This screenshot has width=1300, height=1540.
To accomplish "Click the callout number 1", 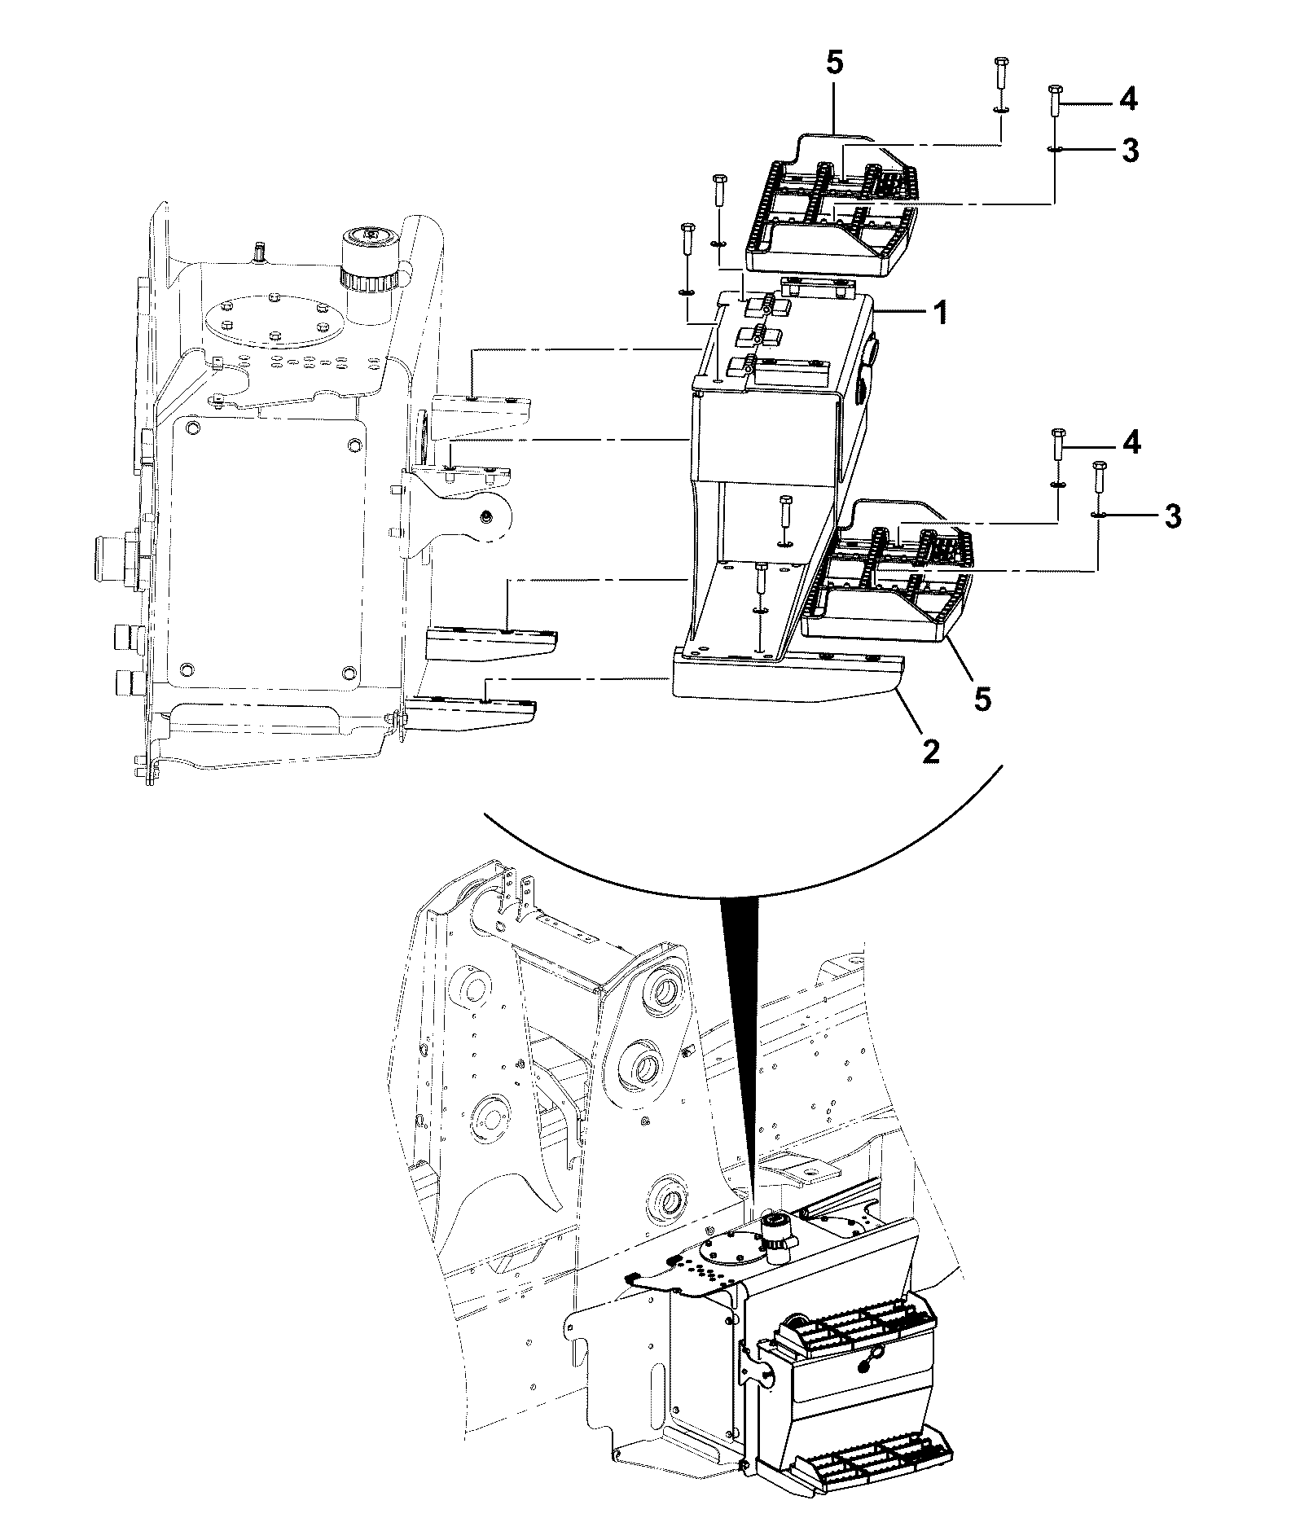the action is point(940,313).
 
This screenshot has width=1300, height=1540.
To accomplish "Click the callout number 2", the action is point(929,752).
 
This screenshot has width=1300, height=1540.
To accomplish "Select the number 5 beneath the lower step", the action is point(983,698).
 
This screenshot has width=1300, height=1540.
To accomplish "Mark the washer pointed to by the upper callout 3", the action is point(1054,149).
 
